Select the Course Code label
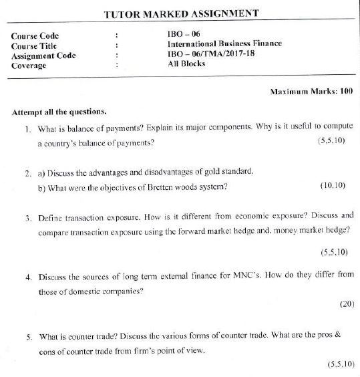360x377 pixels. point(35,35)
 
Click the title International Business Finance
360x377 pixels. point(224,43)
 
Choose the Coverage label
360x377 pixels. point(30,66)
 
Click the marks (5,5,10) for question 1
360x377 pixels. point(332,142)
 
